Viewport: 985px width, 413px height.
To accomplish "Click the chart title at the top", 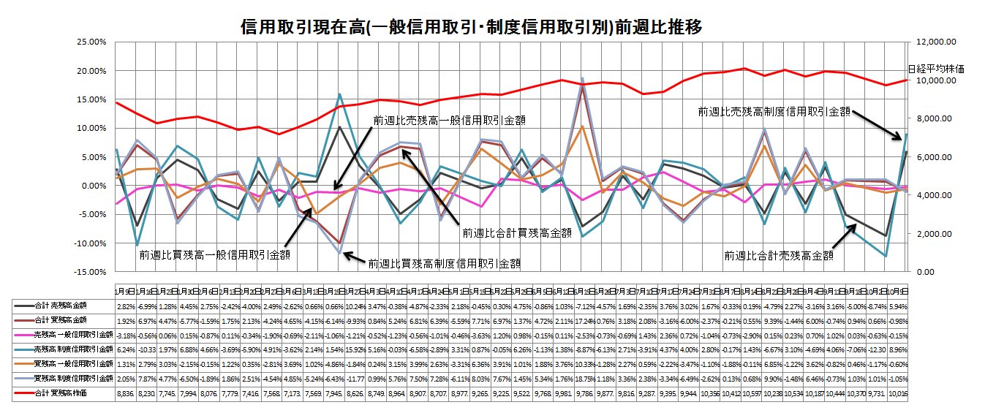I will pos(472,28).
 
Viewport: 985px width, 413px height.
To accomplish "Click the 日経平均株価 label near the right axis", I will pos(937,69).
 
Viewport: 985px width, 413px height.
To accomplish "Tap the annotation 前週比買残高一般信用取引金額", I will pos(215,255).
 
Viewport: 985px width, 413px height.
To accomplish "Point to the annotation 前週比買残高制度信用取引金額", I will pos(445,263).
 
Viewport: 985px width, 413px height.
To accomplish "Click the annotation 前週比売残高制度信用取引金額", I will pos(774,111).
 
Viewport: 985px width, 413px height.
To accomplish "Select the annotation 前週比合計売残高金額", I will pos(779,255).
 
